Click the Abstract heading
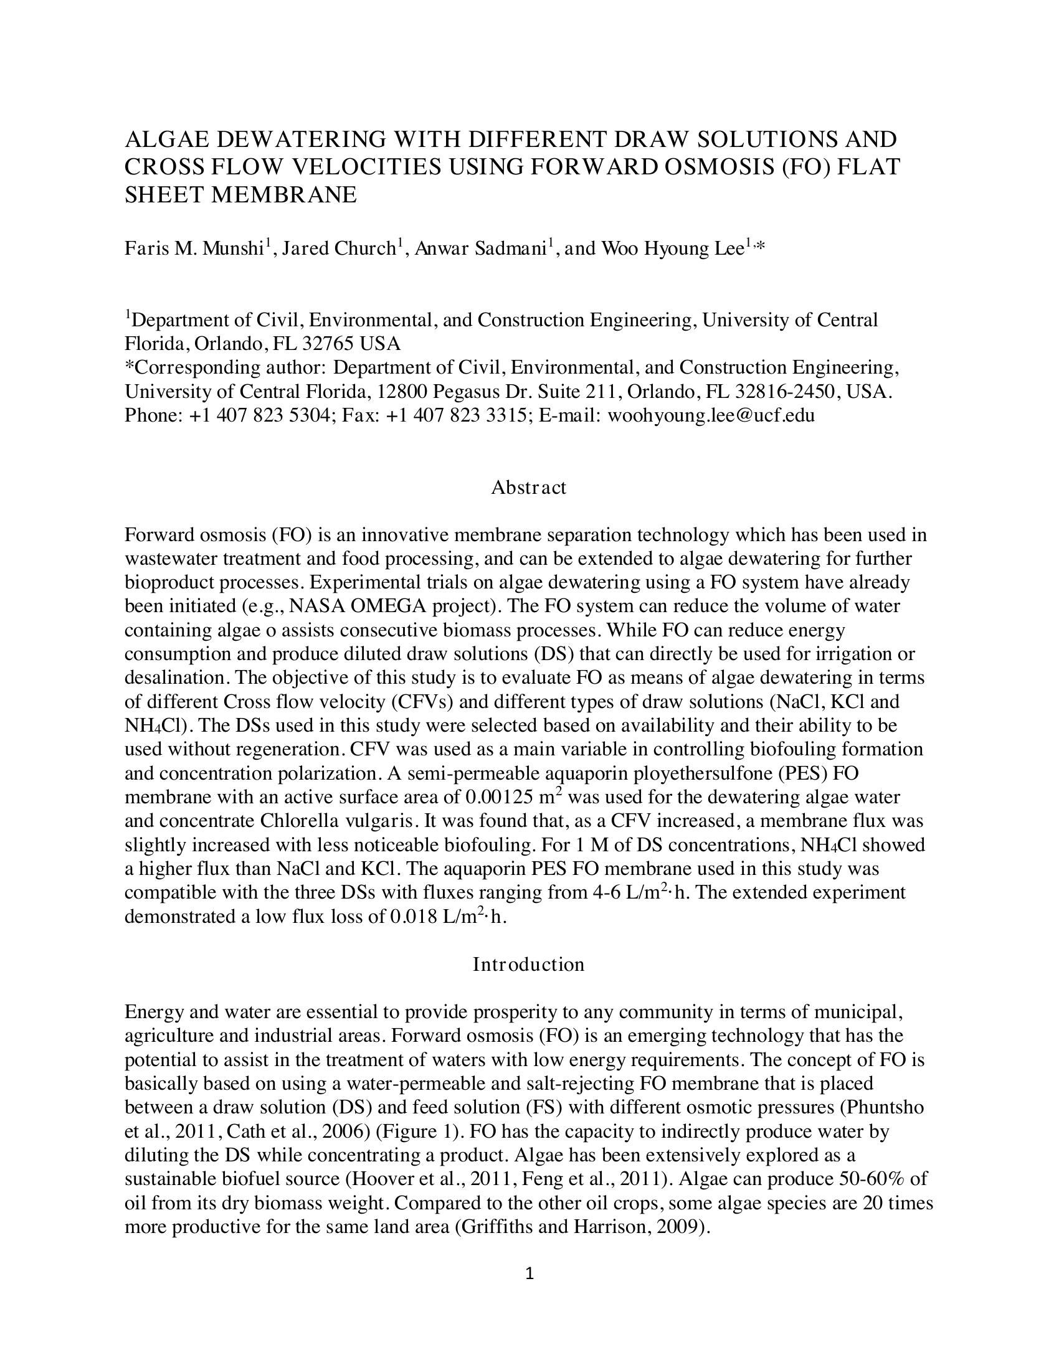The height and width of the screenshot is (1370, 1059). point(528,488)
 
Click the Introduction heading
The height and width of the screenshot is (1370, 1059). point(528,964)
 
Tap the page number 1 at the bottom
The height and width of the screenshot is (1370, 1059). point(529,1273)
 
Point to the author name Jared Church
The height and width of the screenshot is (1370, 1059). point(339,249)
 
